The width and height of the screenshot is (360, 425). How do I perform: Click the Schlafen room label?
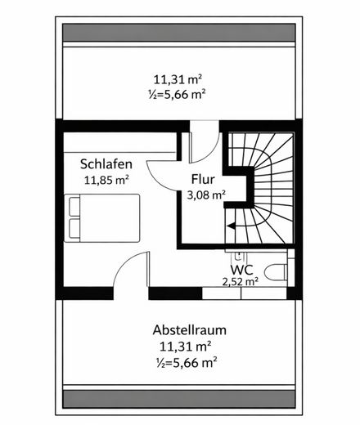point(104,162)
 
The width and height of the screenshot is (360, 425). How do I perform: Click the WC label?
point(241,269)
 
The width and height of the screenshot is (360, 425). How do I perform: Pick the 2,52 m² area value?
point(241,281)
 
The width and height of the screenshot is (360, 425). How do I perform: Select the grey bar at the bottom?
point(179,400)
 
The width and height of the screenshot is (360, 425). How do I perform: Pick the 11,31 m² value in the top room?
point(178,79)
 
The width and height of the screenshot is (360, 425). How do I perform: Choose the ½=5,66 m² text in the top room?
point(178,94)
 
